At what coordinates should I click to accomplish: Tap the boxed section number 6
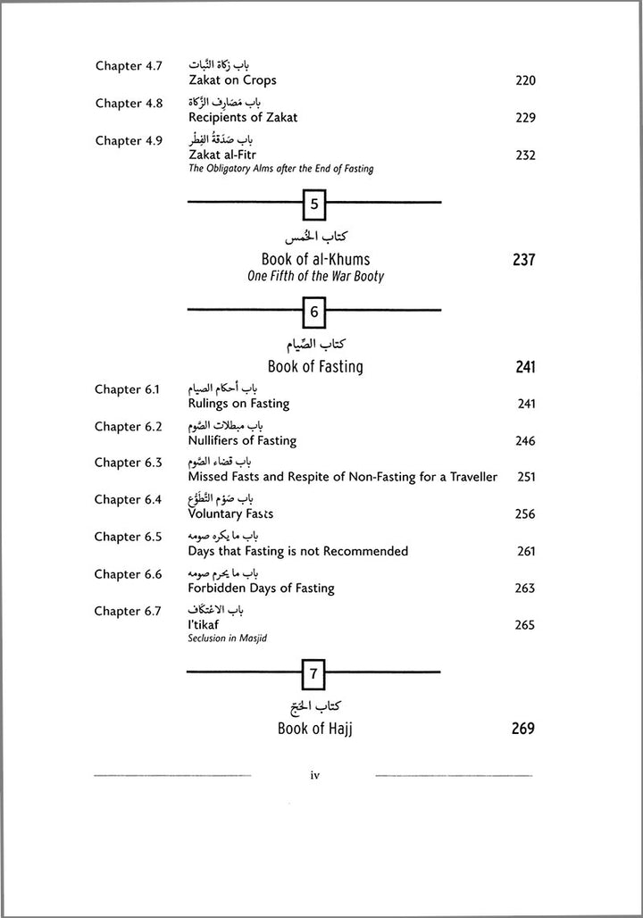point(314,312)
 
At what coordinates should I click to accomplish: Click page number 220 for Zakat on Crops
point(525,80)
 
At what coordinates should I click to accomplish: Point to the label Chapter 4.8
point(129,104)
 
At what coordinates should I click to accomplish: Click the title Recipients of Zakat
point(243,118)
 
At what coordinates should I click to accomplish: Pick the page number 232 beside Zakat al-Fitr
point(525,155)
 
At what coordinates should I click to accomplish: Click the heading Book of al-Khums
point(315,260)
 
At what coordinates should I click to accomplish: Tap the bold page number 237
point(523,260)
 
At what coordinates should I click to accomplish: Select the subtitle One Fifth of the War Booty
point(315,277)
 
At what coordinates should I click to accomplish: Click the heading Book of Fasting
point(315,367)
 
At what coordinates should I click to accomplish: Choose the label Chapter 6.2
point(129,427)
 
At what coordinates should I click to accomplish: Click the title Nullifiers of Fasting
point(242,441)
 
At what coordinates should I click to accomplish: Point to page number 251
point(526,477)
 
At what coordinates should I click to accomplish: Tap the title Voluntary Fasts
point(231,514)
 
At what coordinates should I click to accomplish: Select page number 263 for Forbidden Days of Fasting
point(525,588)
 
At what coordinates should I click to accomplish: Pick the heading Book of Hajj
point(315,730)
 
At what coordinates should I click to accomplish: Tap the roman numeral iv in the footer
point(314,776)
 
